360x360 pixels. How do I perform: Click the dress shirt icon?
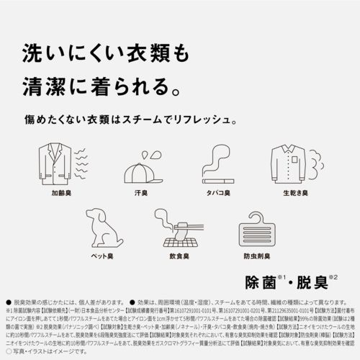tap(294, 166)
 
